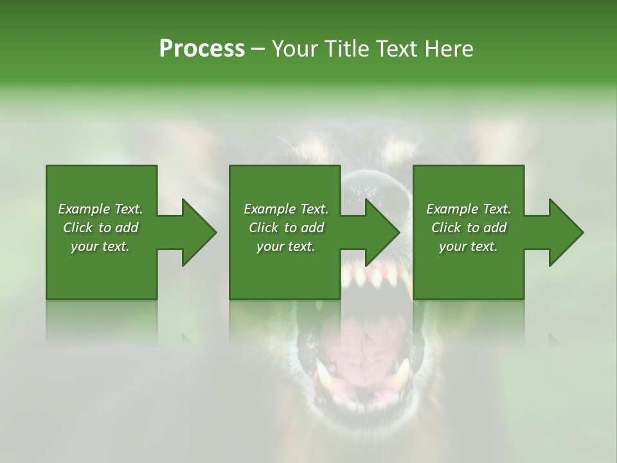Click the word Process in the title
click(202, 49)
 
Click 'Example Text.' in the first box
click(100, 209)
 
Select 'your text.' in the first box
click(100, 246)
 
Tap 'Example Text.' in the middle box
click(286, 209)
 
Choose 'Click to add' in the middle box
click(286, 228)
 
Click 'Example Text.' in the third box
click(469, 209)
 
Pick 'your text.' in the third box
click(469, 246)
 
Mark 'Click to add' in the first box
click(100, 228)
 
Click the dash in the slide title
click(258, 50)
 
